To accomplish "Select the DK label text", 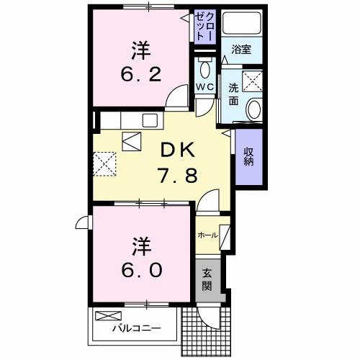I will pos(176,150).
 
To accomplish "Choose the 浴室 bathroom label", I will pos(240,50).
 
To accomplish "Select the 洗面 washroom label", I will pos(233,94).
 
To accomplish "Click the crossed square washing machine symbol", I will pos(253,80).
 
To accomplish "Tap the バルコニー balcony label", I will pos(135,330).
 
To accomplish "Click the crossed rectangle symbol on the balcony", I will pos(109,316).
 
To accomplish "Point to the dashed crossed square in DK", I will pos(107,163).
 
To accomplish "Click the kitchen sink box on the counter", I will pos(150,119).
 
